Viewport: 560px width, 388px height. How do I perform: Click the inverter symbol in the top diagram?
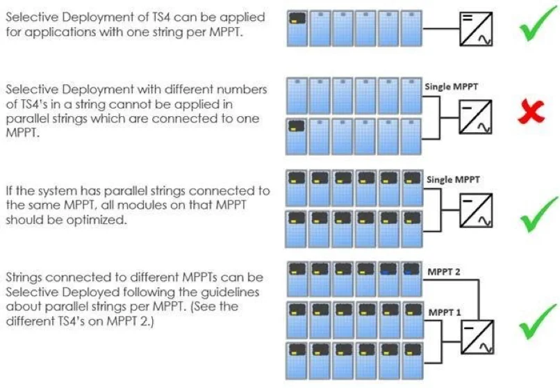[475, 29]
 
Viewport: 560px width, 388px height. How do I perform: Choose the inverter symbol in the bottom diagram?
[475, 336]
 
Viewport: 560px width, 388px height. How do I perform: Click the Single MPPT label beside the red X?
[452, 87]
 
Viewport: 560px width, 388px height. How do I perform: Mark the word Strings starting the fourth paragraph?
[23, 277]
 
